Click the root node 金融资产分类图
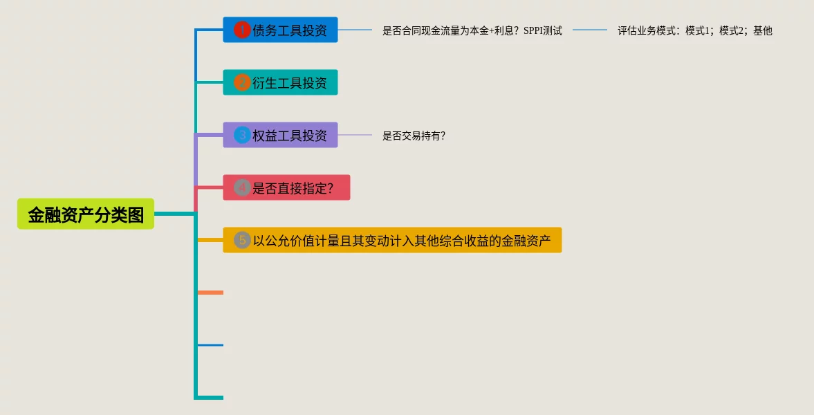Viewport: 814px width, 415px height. coord(86,214)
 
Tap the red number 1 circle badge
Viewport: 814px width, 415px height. coord(242,30)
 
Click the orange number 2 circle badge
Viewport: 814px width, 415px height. coord(242,82)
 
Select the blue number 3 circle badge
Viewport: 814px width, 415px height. coord(242,135)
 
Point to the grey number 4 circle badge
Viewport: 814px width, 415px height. coord(242,187)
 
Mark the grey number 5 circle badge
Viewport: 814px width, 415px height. coord(242,240)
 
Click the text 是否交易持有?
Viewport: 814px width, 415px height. coord(414,136)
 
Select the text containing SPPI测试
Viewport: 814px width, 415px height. coord(472,30)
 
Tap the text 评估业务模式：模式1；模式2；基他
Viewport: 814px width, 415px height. coord(694,30)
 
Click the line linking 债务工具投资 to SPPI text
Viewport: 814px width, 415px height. coord(355,30)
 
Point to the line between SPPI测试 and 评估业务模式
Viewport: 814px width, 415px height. coord(590,30)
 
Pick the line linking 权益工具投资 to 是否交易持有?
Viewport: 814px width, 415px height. coord(355,135)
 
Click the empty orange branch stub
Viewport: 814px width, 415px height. coord(211,293)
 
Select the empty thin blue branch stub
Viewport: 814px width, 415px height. coord(211,344)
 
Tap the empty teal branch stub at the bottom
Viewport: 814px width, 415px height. coord(211,398)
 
